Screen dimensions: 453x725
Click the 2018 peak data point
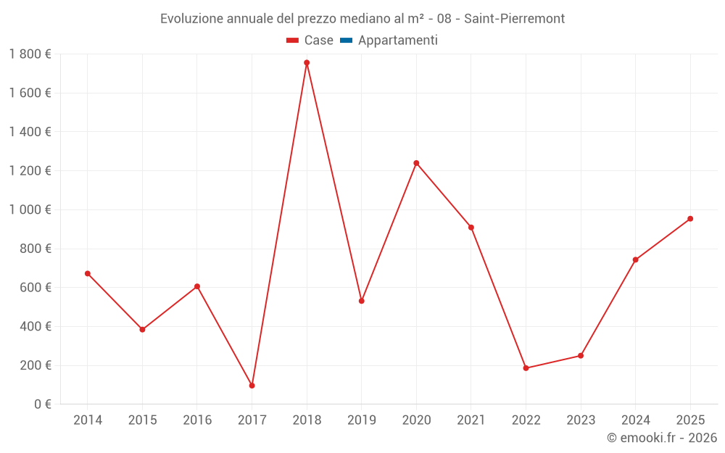pos(307,62)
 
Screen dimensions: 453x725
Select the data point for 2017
pos(252,386)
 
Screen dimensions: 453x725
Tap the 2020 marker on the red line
pos(416,163)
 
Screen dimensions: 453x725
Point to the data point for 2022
pos(526,368)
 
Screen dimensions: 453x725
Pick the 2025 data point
pos(690,218)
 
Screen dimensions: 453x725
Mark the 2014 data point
pos(88,273)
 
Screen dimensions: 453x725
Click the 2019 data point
pos(362,301)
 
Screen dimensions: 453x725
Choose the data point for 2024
pos(635,259)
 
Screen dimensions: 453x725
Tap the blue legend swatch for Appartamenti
pos(346,41)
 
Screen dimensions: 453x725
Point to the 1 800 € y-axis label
pos(30,54)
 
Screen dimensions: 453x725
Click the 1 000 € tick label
pos(30,209)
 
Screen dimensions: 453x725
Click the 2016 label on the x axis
pos(197,420)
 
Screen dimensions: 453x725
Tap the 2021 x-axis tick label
pos(471,420)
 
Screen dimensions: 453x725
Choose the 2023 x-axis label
pos(581,420)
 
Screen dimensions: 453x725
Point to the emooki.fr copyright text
pos(662,438)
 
